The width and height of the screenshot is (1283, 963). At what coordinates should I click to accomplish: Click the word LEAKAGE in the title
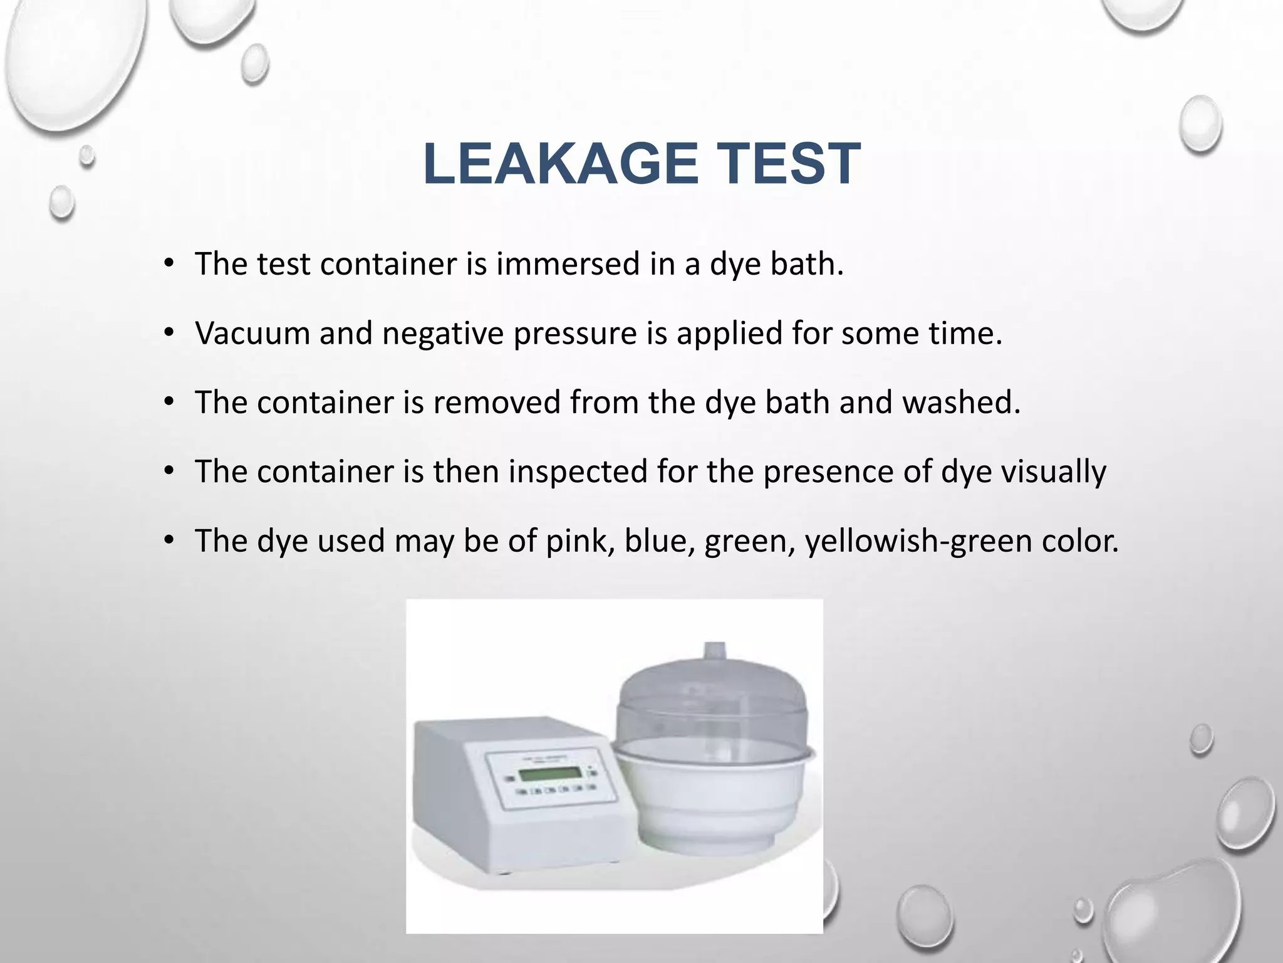561,164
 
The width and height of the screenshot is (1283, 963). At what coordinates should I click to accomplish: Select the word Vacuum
252,333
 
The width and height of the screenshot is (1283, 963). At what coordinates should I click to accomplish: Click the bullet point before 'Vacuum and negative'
168,333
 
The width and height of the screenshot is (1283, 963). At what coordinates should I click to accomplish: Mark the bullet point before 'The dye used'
168,540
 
